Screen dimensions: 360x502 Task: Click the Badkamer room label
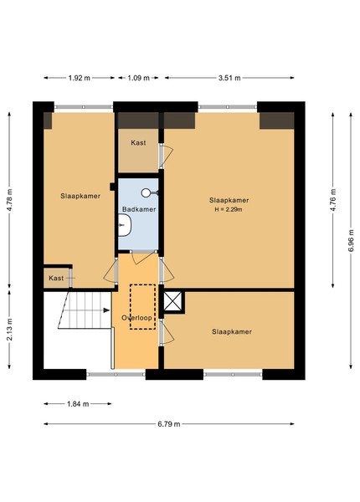139,209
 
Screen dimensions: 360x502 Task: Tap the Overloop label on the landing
136,318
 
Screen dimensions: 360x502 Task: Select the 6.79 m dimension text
169,424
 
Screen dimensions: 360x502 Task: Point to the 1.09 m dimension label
138,78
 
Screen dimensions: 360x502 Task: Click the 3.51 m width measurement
229,78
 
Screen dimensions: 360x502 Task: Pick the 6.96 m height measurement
351,240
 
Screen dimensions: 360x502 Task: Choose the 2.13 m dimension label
9,330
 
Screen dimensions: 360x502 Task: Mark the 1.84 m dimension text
78,404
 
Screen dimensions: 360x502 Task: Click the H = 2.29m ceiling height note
229,210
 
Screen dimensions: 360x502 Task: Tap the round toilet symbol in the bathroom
146,192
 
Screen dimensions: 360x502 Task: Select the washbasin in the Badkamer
125,225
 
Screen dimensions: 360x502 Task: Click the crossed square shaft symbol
172,301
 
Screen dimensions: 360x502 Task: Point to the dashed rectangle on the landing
142,307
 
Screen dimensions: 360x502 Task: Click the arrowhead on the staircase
106,310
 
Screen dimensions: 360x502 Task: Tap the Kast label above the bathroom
138,143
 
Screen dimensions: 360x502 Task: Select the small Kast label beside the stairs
56,279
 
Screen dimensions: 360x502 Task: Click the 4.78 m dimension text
9,200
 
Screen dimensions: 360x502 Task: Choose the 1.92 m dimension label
79,78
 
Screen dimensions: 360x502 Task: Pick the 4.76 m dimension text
333,200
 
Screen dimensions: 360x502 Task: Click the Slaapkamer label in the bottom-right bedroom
232,331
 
